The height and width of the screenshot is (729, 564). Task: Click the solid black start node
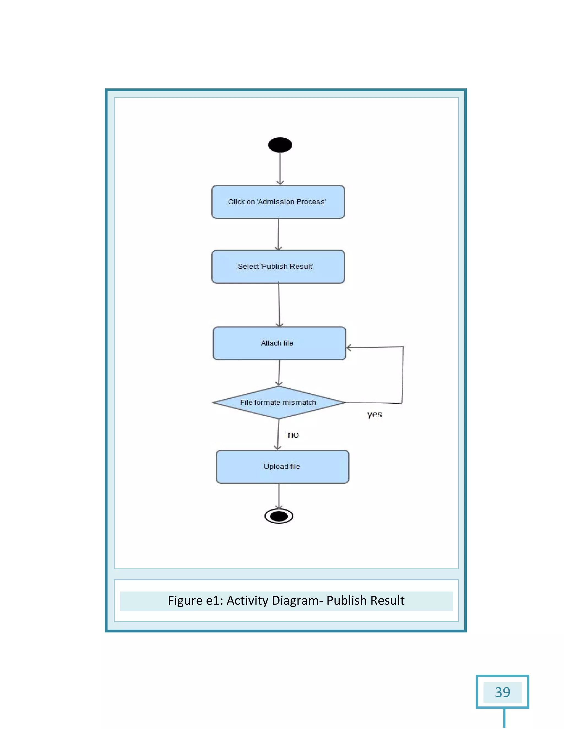point(280,145)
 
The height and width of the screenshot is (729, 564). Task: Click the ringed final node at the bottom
point(279,516)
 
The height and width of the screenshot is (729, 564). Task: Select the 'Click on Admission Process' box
point(278,202)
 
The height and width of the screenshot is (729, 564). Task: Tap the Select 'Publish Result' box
point(278,267)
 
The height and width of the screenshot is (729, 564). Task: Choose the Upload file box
point(282,467)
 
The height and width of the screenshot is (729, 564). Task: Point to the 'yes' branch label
point(374,415)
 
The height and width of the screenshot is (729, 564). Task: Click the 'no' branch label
point(293,435)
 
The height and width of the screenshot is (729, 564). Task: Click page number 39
point(502,692)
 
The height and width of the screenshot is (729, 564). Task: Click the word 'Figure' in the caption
point(185,601)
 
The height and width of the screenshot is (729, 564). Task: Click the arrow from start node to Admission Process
point(280,169)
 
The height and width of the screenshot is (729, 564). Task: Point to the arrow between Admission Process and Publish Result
point(278,234)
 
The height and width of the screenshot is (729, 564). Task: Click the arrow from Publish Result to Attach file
point(279,305)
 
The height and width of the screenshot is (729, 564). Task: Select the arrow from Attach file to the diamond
point(279,373)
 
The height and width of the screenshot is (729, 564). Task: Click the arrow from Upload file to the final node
point(279,496)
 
